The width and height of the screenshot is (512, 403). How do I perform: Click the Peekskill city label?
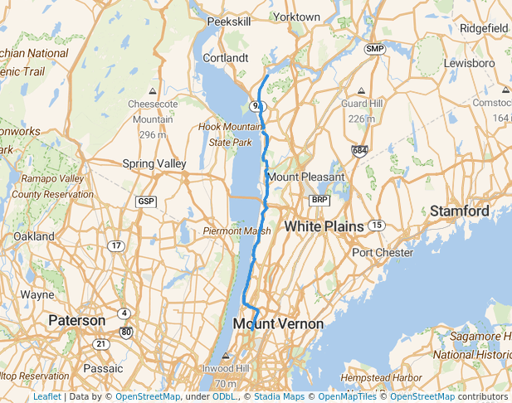pos(228,22)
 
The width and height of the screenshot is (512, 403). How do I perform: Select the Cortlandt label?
pos(226,58)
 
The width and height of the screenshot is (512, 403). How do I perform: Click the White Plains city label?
pos(324,226)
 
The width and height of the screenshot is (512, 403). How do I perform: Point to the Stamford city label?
pos(459,211)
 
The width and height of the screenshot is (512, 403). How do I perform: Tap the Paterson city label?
pos(76,320)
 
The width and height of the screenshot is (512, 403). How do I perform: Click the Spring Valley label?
pos(154,163)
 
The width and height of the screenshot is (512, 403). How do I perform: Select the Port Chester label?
pos(383,252)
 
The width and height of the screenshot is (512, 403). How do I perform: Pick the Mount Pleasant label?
pos(305,177)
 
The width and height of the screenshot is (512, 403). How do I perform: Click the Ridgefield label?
pos(484,27)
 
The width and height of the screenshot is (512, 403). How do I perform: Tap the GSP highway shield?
pos(146,201)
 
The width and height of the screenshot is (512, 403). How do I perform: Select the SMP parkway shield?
pos(375,50)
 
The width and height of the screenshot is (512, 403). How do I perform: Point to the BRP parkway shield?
pos(319,201)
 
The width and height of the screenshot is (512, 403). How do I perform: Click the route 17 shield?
pos(117,245)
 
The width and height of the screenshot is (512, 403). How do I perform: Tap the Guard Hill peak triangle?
pos(362,90)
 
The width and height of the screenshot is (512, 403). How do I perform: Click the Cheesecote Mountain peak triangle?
pos(152,90)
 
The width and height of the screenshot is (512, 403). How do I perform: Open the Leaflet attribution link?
pos(46,396)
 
